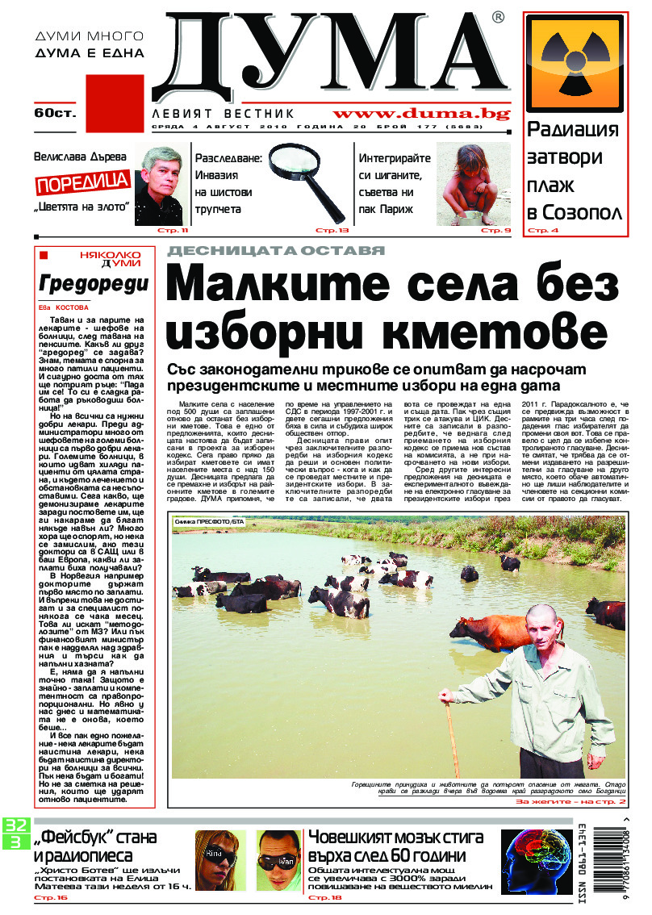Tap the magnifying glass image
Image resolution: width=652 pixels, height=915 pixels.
click(307, 178)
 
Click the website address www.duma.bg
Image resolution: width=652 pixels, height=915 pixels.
click(421, 115)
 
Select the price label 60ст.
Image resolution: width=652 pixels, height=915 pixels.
click(54, 113)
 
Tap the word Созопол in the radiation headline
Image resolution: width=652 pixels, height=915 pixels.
click(584, 213)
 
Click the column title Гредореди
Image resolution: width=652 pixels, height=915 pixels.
click(94, 284)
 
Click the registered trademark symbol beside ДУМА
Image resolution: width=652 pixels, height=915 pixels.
click(499, 17)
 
